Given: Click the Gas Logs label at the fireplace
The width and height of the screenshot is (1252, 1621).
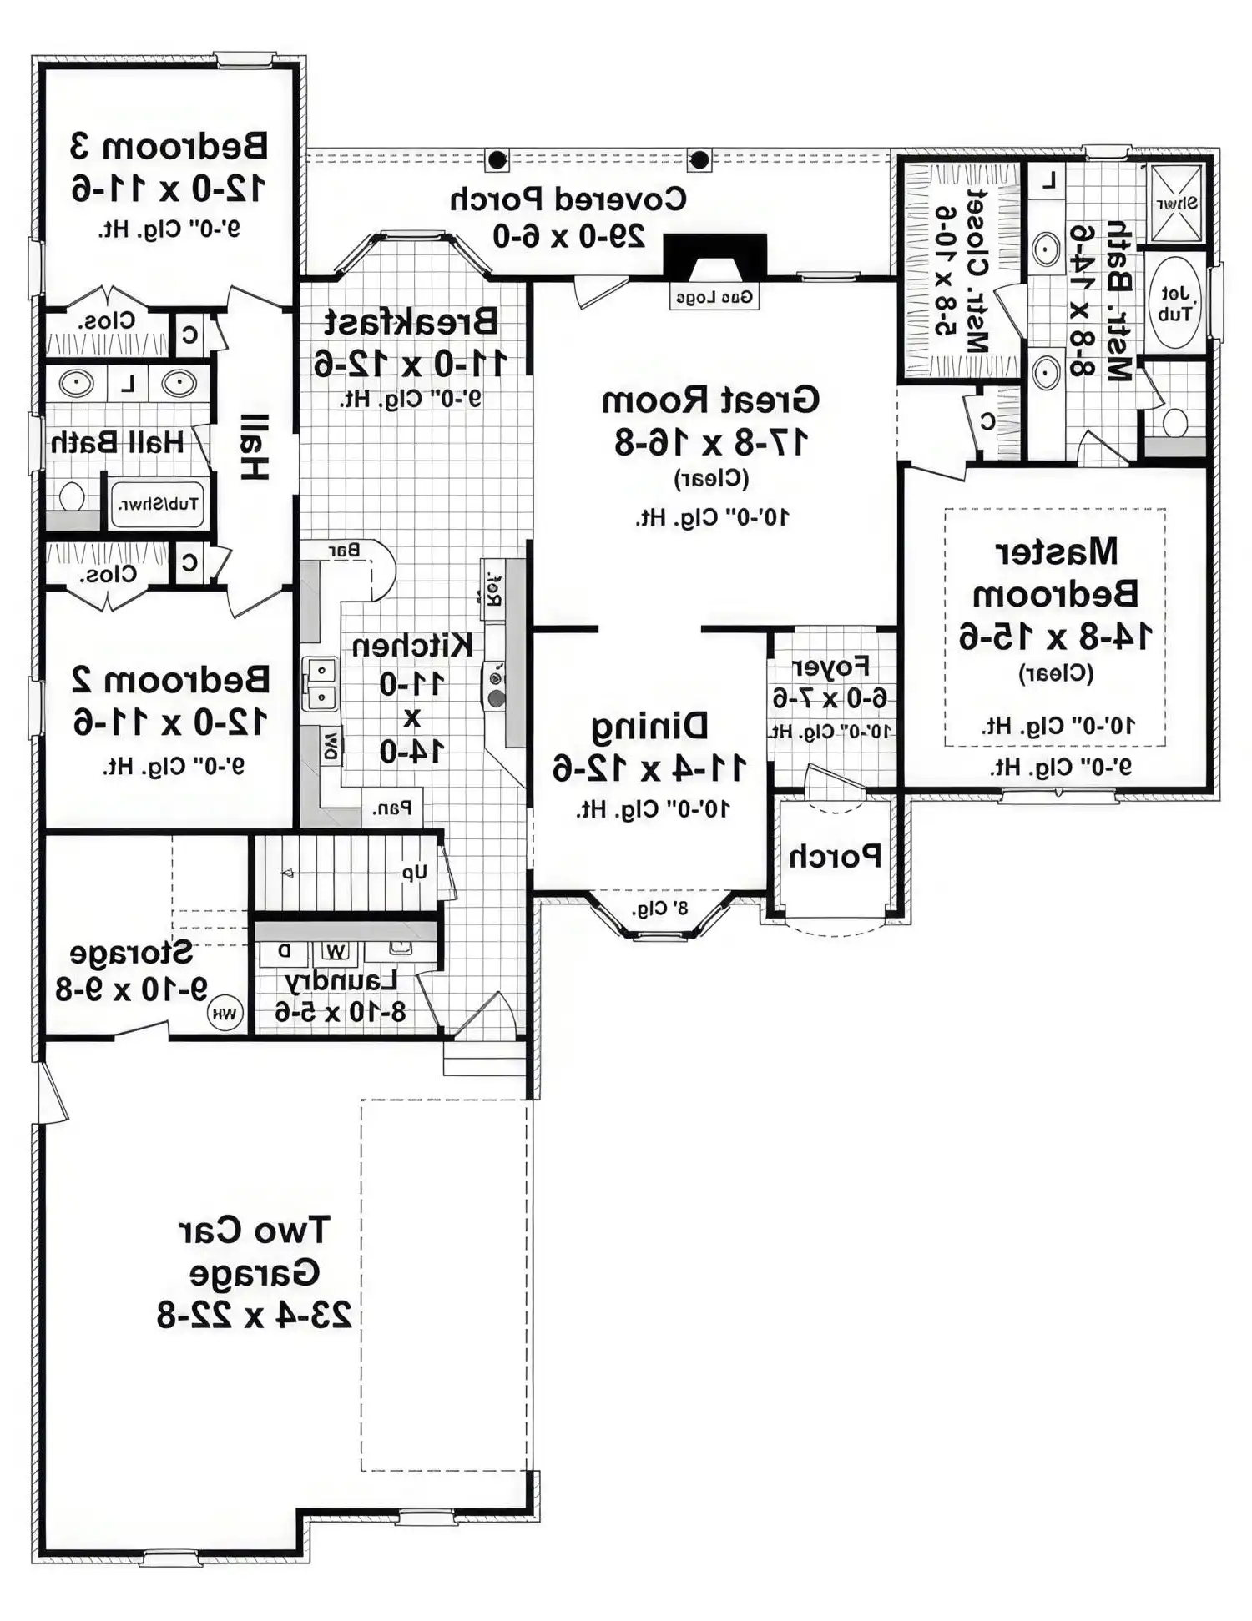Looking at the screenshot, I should click(714, 297).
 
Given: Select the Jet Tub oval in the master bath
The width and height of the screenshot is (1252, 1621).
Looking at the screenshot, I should click(1174, 304).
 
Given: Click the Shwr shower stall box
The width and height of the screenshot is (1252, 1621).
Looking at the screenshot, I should click(1176, 203).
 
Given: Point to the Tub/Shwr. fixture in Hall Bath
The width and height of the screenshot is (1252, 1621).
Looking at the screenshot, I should click(158, 504).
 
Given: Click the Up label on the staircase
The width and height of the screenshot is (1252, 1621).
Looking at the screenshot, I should click(415, 873).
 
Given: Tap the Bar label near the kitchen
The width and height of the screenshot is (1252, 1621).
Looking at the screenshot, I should click(344, 551).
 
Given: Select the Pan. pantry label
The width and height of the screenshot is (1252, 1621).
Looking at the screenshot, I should click(392, 808).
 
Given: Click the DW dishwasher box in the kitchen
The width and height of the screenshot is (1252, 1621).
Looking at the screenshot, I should click(331, 745).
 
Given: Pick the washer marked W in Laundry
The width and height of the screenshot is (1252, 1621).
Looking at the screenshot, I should click(336, 951).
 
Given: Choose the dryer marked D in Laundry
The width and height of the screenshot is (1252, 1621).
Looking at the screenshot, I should click(284, 951).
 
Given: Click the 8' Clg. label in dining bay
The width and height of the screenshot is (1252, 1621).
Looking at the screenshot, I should click(659, 908).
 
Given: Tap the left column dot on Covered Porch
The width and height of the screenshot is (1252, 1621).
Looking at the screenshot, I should click(497, 159).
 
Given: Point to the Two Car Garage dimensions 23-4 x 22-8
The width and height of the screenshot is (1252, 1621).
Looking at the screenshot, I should click(255, 1316).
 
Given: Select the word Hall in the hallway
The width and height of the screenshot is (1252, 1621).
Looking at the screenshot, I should click(255, 447).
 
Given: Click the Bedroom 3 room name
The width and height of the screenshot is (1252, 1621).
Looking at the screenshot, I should click(169, 146).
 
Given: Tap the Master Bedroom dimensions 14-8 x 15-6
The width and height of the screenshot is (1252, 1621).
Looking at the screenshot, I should click(1055, 637).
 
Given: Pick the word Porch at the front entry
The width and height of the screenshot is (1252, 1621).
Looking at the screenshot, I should click(836, 856).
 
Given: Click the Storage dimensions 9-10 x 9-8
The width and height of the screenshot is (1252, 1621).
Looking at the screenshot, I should click(132, 989).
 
